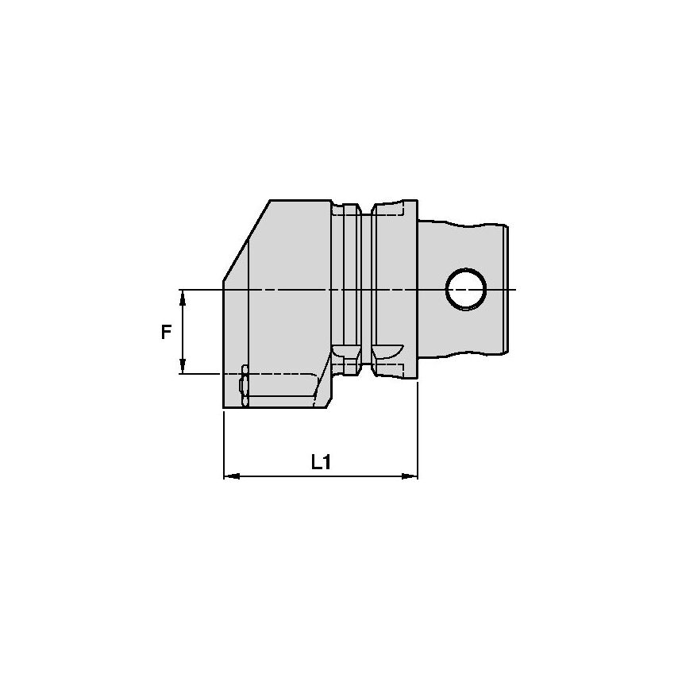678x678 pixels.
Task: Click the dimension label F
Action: [x=166, y=332]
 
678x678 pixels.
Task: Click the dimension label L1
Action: [x=320, y=462]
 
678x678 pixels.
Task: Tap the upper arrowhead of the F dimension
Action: [x=183, y=296]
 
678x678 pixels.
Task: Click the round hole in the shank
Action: [x=466, y=289]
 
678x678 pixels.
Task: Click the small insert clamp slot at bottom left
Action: [x=244, y=387]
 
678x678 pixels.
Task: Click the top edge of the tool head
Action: [x=300, y=200]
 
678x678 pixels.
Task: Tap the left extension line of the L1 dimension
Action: [x=224, y=445]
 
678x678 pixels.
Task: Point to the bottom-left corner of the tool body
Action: [x=225, y=409]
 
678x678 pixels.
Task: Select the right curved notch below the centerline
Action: [x=387, y=350]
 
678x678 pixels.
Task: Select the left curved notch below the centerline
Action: [x=345, y=350]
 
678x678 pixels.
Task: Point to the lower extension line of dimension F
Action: [x=202, y=373]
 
